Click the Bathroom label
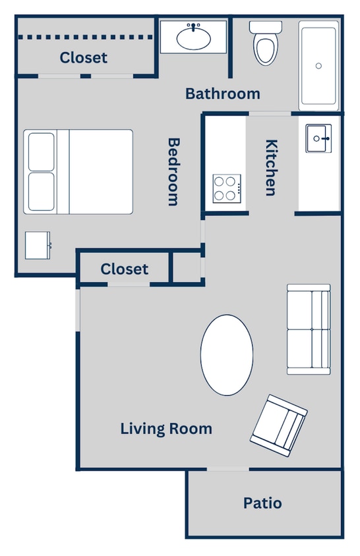point(222,94)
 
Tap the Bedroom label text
point(173,171)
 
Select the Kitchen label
point(270,167)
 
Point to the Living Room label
point(166,429)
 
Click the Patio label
point(262,503)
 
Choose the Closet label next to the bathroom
point(83,58)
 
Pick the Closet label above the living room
point(125,269)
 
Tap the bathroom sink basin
point(194,39)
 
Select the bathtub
point(319,65)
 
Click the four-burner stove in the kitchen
point(226,187)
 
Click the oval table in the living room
point(226,355)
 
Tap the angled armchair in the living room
point(279,427)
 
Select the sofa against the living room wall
point(308,329)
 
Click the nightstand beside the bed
point(38,245)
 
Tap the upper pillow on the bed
point(41,151)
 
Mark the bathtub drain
point(319,66)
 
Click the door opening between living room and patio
point(227,469)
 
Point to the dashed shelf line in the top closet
point(86,37)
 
